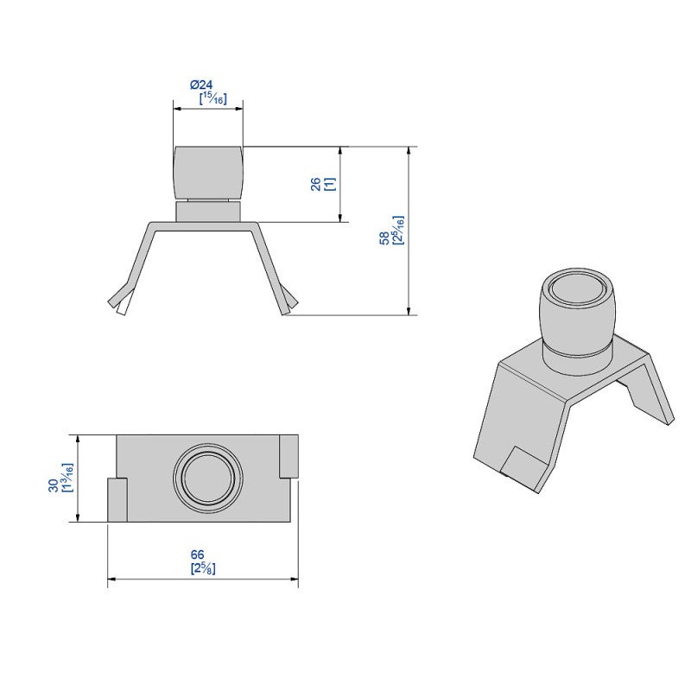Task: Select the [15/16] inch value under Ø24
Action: tap(212, 98)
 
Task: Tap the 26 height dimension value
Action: tap(315, 184)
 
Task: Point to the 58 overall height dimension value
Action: tap(384, 238)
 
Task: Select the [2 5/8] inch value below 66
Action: tap(202, 568)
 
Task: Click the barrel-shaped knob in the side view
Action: tap(207, 172)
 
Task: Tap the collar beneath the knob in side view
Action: tap(207, 211)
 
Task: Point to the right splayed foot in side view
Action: tap(288, 301)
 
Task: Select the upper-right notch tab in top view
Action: tap(288, 455)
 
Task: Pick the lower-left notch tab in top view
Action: tap(117, 501)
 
